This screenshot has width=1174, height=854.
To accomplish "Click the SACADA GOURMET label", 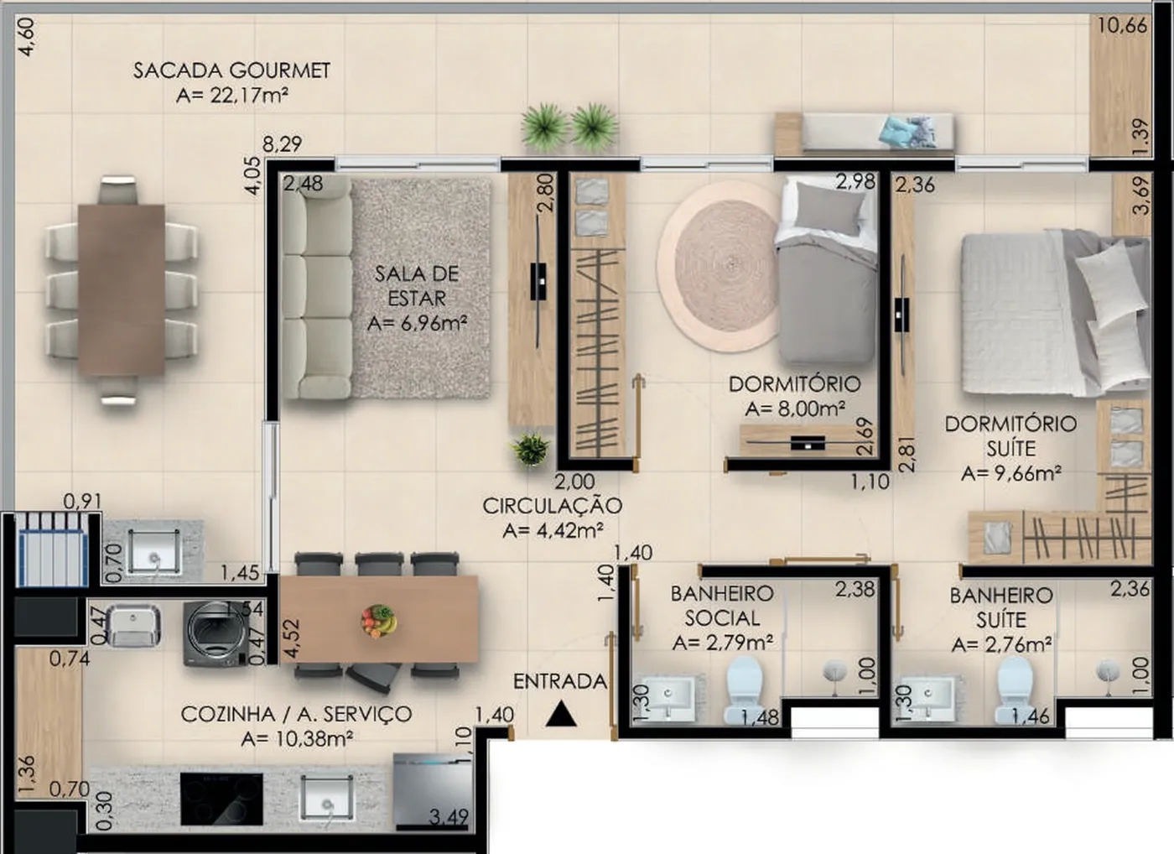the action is [231, 70].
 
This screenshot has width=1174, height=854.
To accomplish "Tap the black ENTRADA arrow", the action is [561, 714].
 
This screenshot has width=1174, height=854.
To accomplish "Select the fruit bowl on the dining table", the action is [378, 622].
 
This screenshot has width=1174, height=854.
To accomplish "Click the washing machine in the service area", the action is [216, 634].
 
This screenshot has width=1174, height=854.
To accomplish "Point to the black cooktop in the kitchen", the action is [221, 799].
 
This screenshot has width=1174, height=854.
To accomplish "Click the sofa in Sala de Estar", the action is [317, 287].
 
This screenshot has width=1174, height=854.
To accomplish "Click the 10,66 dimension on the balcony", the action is [1123, 26].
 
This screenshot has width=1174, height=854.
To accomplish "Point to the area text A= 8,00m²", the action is [795, 409].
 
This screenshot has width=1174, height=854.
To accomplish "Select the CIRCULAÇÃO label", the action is [553, 507].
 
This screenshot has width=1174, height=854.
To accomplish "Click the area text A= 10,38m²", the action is [297, 739].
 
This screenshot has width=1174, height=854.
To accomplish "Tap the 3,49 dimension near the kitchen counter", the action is [448, 817].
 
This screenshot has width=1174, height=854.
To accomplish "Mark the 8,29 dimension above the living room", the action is [282, 144].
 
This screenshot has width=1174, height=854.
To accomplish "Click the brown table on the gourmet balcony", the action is [122, 290].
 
